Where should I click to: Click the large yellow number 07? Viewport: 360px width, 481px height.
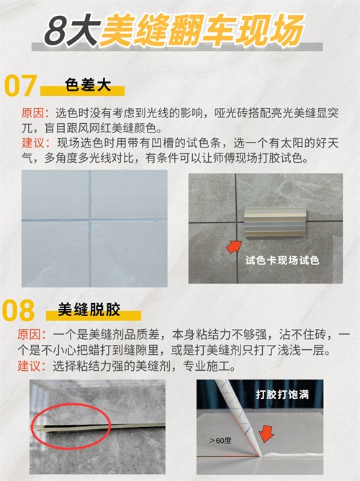[x=21, y=86]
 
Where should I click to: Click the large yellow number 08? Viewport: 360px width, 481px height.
[x=19, y=310]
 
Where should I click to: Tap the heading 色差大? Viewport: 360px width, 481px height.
[x=88, y=85]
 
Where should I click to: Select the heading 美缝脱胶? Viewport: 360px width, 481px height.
[x=89, y=310]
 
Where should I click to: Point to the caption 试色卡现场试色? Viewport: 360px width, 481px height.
[x=282, y=261]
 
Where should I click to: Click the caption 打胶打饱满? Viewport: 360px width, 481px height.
[x=282, y=394]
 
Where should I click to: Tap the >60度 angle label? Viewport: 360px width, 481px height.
[x=220, y=441]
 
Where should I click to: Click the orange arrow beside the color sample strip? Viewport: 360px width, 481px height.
[x=234, y=247]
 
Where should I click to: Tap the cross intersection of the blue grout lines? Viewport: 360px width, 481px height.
[x=90, y=220]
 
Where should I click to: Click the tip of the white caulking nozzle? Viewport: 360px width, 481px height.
[x=260, y=456]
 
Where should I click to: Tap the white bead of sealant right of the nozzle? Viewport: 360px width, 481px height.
[x=292, y=454]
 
